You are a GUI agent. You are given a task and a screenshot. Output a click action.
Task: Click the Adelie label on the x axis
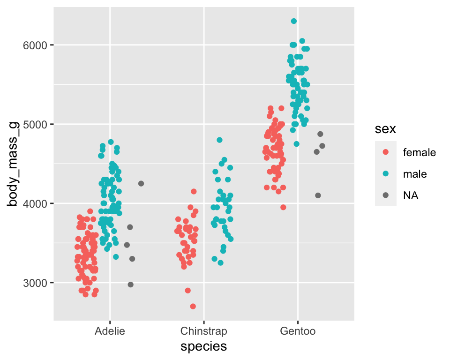coord(110,331)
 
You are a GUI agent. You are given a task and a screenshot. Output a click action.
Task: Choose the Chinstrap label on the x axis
coord(203,331)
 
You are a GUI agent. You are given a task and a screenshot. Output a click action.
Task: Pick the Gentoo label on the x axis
coord(298,331)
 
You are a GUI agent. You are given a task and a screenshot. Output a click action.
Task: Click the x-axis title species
coord(204,346)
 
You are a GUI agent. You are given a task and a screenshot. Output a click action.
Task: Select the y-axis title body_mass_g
coord(13,164)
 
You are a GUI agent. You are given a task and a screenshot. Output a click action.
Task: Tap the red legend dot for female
coord(386,152)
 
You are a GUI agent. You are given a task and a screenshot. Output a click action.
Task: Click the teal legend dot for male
coord(386,174)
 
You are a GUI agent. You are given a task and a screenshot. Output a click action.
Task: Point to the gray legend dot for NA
coord(386,196)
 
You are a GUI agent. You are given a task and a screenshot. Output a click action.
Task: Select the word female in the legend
coord(420,152)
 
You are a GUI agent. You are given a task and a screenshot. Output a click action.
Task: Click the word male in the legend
coord(415,174)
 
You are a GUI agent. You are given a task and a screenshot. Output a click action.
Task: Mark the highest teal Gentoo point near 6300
coord(294,21)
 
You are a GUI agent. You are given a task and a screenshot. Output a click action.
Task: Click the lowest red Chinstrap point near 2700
coord(193,306)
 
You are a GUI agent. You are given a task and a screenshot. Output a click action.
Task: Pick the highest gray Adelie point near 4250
coord(141,183)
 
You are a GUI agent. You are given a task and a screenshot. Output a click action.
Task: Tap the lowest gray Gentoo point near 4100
coord(318,195)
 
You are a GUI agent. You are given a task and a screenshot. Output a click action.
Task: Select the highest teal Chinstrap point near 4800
coord(219,140)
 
